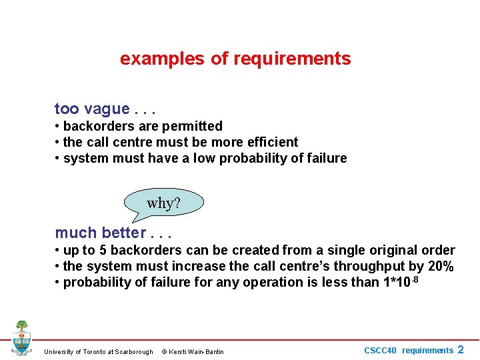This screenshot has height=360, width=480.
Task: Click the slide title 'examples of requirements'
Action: (235, 59)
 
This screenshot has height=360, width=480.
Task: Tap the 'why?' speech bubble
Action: (163, 203)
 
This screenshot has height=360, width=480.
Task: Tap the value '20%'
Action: (440, 267)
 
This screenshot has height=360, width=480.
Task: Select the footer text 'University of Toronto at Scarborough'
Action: (98, 351)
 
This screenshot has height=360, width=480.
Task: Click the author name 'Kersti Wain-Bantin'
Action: (197, 351)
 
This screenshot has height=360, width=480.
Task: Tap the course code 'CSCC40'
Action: (380, 350)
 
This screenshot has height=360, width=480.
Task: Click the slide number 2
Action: (461, 349)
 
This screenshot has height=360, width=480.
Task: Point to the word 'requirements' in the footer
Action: (427, 350)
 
